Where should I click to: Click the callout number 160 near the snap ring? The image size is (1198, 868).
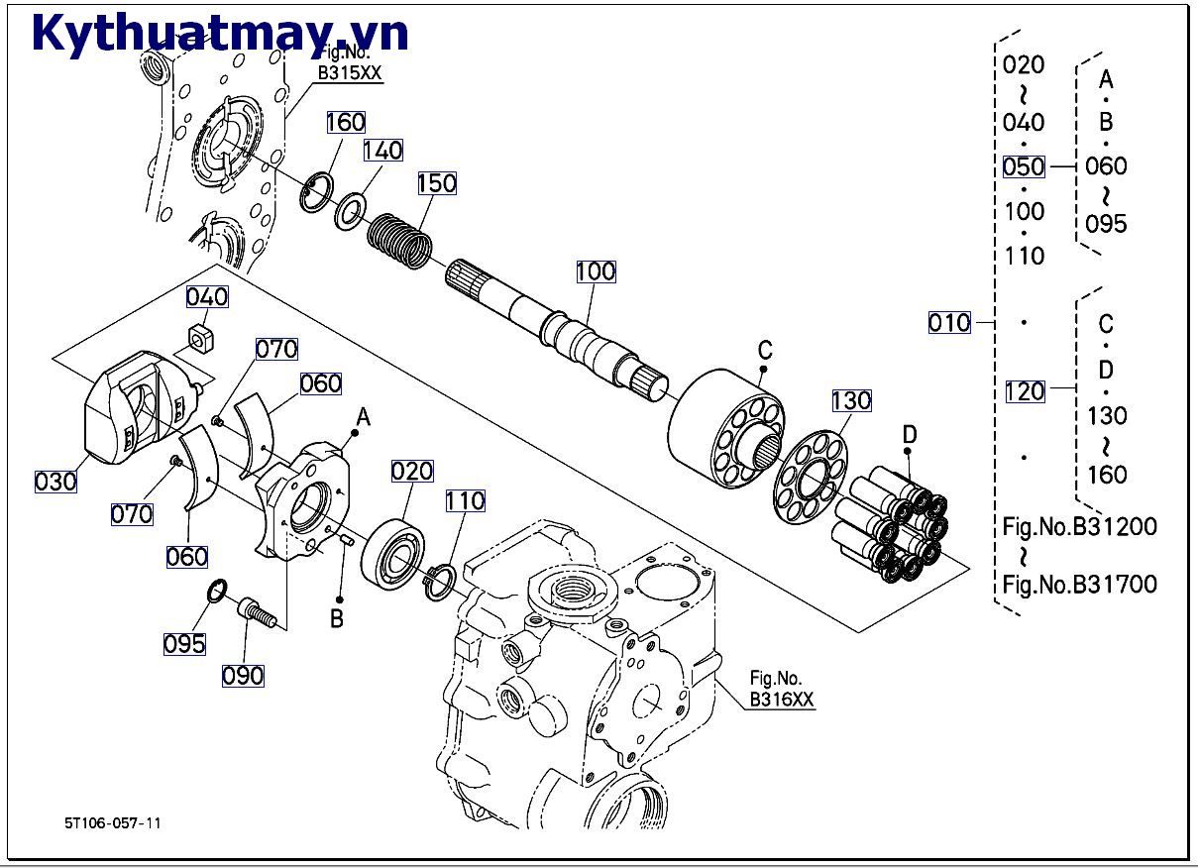click(x=346, y=122)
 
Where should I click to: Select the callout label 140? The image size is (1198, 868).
click(x=382, y=150)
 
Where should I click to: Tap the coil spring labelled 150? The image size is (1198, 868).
click(x=400, y=242)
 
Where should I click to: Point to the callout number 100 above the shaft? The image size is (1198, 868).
click(x=595, y=271)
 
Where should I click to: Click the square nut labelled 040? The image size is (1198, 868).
click(x=203, y=340)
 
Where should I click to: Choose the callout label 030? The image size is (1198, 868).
click(x=55, y=482)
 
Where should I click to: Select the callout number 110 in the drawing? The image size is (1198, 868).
click(x=465, y=501)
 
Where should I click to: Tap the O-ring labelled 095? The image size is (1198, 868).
click(x=217, y=595)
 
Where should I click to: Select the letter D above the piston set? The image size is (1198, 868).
click(x=910, y=433)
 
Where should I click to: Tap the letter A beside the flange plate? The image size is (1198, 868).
click(x=364, y=418)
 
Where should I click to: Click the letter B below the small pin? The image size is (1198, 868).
click(x=337, y=619)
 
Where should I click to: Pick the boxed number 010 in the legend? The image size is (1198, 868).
click(x=949, y=322)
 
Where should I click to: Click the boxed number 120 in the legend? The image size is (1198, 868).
click(x=1025, y=390)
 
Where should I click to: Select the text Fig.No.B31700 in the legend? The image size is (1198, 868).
click(x=1079, y=585)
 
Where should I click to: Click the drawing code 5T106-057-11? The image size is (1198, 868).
click(x=112, y=822)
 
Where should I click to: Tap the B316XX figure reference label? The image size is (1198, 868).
click(x=781, y=700)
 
